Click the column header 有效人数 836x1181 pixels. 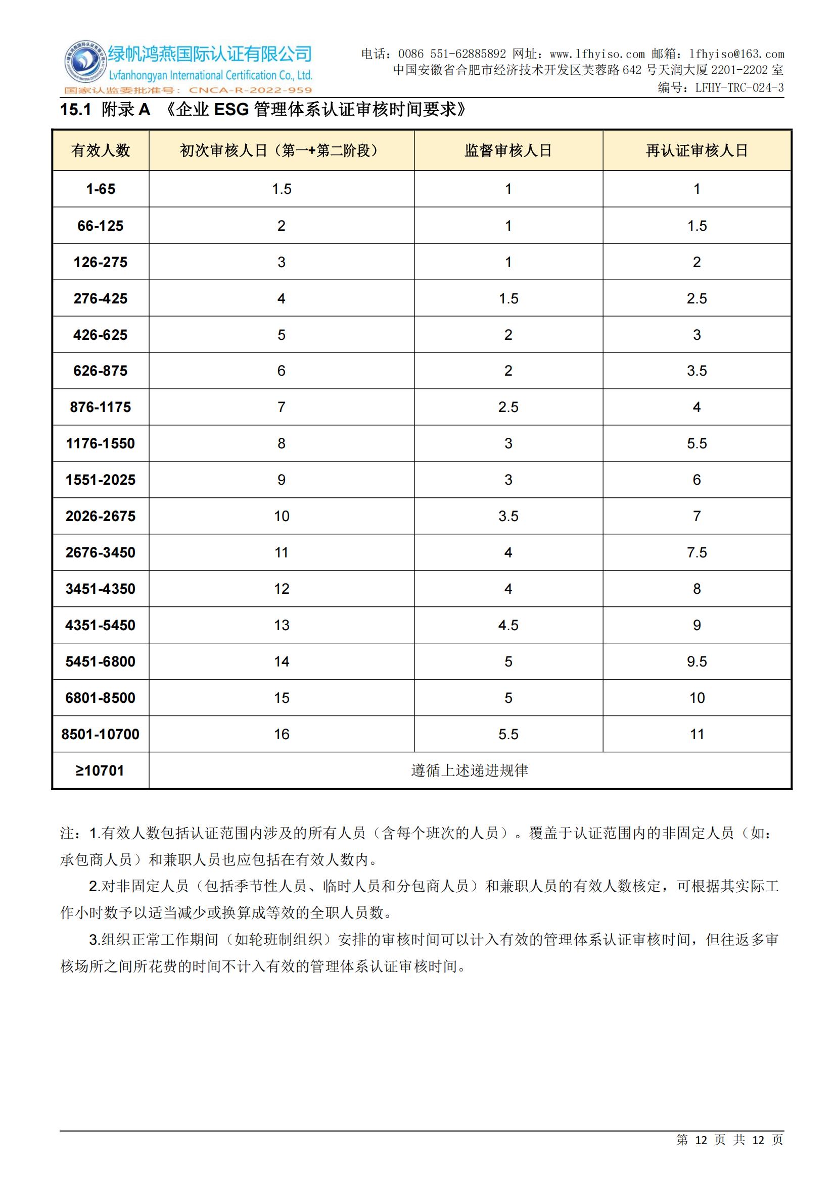pyautogui.click(x=101, y=150)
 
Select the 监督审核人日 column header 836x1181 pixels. pyautogui.click(x=508, y=150)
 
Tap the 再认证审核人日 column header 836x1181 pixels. pyautogui.click(x=696, y=150)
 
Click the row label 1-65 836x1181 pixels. pyautogui.click(x=101, y=189)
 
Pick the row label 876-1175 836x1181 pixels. pyautogui.click(x=101, y=407)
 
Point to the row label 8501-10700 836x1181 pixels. pyautogui.click(x=101, y=734)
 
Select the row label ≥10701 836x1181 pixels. pyautogui.click(x=101, y=771)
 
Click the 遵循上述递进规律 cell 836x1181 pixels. pyautogui.click(x=470, y=771)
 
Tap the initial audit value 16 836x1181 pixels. pyautogui.click(x=282, y=734)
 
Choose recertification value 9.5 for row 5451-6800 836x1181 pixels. pyautogui.click(x=696, y=661)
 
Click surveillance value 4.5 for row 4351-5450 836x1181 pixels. pyautogui.click(x=508, y=625)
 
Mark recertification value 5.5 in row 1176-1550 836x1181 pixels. pyautogui.click(x=696, y=443)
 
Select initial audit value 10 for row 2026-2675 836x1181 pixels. pyautogui.click(x=282, y=516)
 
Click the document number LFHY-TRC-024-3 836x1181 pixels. pyautogui.click(x=739, y=88)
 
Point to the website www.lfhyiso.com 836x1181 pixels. pyautogui.click(x=596, y=54)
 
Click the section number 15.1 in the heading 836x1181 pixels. pyautogui.click(x=75, y=110)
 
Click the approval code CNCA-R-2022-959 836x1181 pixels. pyautogui.click(x=250, y=90)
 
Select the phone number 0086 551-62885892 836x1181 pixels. pyautogui.click(x=451, y=54)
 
